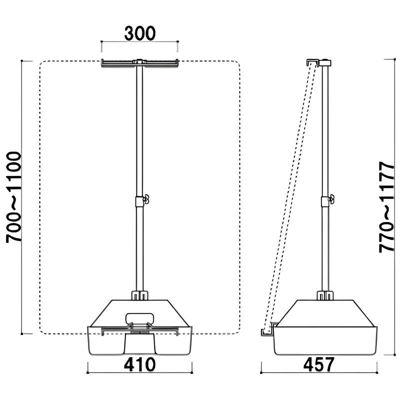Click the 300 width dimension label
point(140,33)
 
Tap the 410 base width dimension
point(140,364)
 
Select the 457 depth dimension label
point(318,364)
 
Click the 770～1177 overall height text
point(386,207)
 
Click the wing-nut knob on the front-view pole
point(146,199)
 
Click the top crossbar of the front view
point(140,63)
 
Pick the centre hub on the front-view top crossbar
point(139,62)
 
